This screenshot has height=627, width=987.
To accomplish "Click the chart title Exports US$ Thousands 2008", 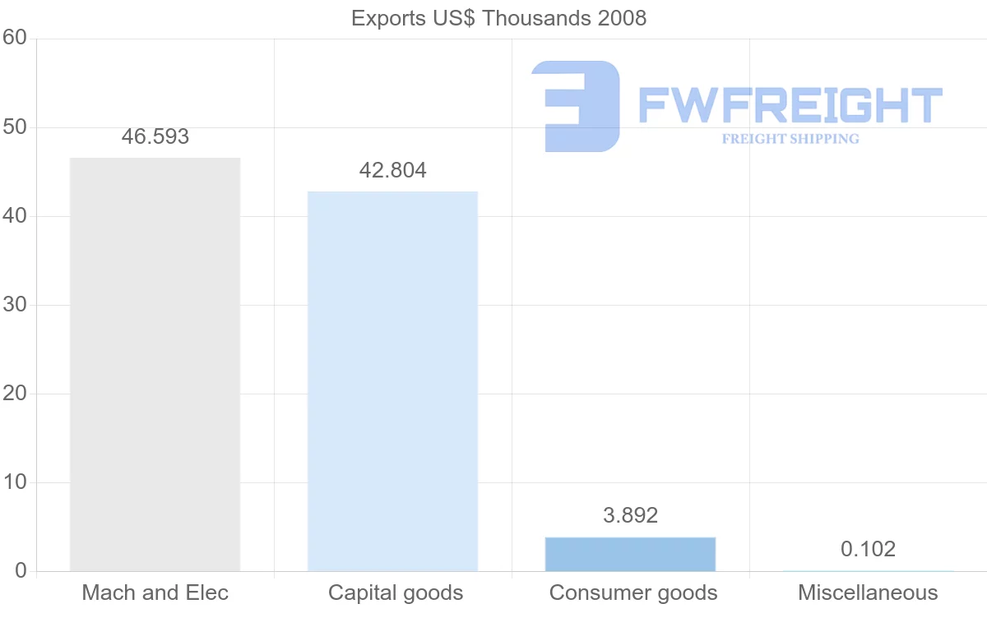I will [498, 18].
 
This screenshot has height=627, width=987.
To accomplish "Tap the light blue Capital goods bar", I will [392, 381].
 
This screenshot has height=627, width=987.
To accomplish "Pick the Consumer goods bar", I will [630, 554].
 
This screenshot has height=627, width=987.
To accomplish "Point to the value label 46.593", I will [155, 136].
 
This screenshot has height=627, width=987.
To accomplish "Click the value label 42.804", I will [392, 170].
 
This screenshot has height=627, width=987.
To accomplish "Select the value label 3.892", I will [630, 515].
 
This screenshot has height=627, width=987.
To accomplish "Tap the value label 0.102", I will [868, 549].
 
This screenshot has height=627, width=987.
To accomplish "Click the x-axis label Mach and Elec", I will [155, 592].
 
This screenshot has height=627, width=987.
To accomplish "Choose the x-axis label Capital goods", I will [395, 592].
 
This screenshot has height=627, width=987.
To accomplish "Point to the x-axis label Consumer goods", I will [633, 592].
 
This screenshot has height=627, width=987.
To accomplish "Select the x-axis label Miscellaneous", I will [868, 592].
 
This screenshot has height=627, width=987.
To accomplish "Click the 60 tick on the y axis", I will [15, 38].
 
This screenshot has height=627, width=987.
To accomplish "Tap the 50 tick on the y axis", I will [15, 127].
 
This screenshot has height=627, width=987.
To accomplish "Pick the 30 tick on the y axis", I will [15, 305].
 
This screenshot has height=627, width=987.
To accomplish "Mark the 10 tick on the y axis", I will [15, 482].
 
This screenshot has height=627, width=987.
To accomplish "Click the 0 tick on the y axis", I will [21, 571].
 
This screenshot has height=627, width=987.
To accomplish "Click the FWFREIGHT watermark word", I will [790, 105].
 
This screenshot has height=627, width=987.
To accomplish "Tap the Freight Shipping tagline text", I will [790, 139].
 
